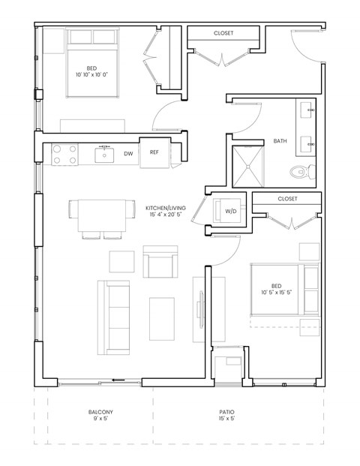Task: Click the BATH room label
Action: [280, 141]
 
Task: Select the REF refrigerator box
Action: [154, 152]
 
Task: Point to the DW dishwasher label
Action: [128, 153]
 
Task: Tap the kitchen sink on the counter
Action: [104, 154]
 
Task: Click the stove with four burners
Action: [65, 154]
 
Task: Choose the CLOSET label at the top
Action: [223, 33]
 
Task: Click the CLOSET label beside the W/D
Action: [288, 199]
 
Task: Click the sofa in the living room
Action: [115, 317]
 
